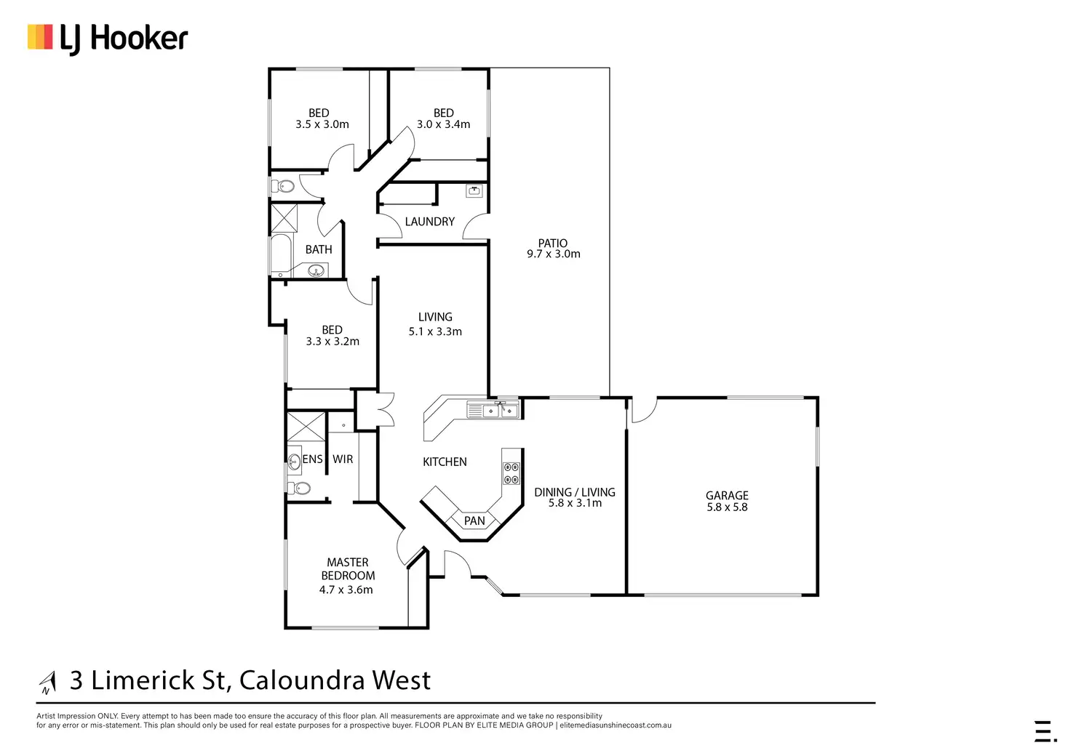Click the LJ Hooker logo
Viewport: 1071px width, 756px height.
click(108, 39)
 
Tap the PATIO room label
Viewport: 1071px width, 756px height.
click(553, 243)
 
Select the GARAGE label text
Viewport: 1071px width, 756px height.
click(727, 495)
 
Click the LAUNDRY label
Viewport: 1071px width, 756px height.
click(429, 222)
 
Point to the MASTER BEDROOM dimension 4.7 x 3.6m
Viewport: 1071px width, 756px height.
click(346, 590)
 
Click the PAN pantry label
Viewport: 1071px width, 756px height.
click(474, 520)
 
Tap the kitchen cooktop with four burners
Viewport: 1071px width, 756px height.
click(511, 472)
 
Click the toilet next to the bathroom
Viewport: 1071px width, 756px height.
click(284, 186)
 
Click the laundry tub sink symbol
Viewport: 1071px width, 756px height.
click(474, 191)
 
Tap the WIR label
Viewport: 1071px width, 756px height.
click(343, 459)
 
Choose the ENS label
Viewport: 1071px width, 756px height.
click(312, 459)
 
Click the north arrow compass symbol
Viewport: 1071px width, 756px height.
click(48, 682)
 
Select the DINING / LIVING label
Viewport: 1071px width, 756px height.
click(574, 492)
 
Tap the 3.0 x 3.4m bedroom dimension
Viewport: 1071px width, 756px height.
click(443, 124)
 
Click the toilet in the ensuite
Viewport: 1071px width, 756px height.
click(299, 488)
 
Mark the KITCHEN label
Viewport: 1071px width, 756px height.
click(445, 462)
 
